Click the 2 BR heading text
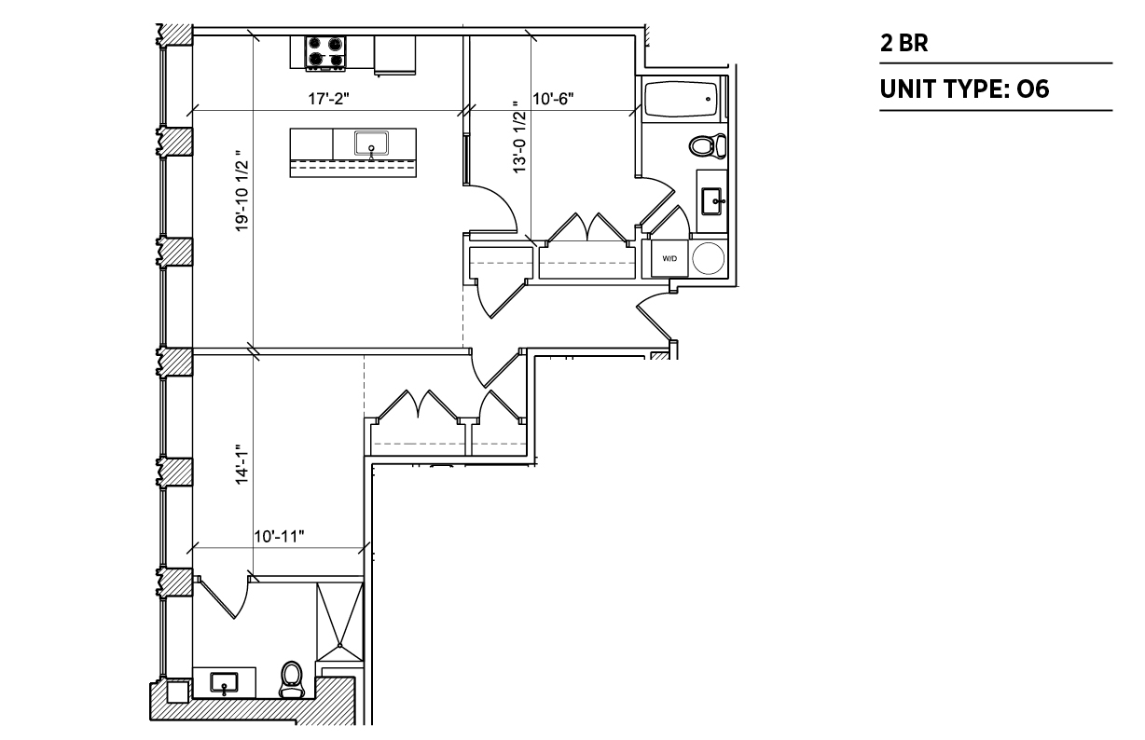(x=904, y=43)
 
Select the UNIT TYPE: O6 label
(x=964, y=89)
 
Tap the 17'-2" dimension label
(x=329, y=98)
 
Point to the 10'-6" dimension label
(x=553, y=98)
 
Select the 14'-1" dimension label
(x=241, y=464)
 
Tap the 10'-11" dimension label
(x=279, y=536)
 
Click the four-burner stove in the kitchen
(x=325, y=53)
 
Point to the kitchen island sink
(x=371, y=144)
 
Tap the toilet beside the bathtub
(x=708, y=145)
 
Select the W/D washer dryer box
(x=669, y=258)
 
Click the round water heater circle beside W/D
(x=708, y=258)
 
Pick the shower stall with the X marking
(x=340, y=622)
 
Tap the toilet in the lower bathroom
(x=292, y=679)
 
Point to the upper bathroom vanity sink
(x=713, y=201)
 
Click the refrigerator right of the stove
(x=394, y=55)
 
